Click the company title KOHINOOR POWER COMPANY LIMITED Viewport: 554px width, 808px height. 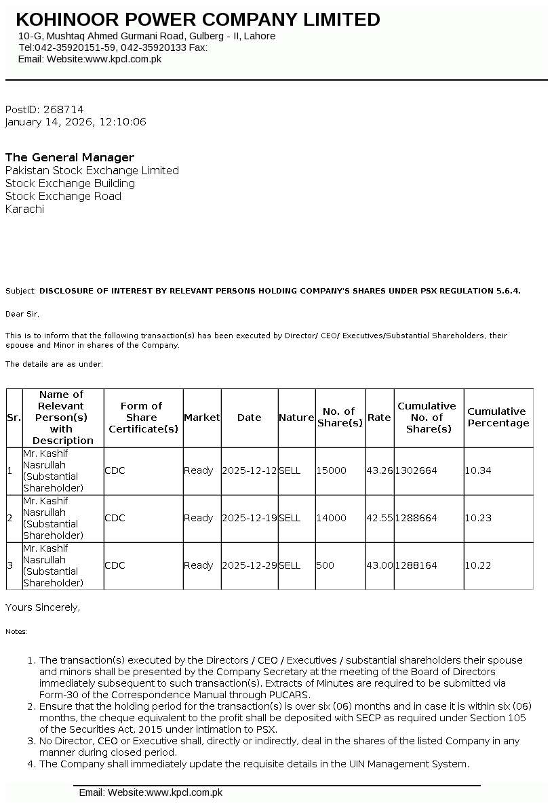[198, 20]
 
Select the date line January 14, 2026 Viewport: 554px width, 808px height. [75, 122]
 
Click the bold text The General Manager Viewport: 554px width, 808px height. [70, 157]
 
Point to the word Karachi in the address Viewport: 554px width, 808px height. [24, 209]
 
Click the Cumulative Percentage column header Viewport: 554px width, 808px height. [498, 417]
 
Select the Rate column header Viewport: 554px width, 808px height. [379, 418]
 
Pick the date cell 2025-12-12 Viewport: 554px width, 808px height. [249, 470]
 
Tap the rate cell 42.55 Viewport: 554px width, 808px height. [379, 518]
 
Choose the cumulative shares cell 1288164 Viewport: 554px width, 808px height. [416, 565]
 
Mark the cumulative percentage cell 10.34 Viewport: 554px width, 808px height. [478, 470]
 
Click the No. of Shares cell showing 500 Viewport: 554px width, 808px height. [325, 565]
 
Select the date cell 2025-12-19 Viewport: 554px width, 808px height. [249, 518]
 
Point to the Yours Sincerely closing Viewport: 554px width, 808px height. [43, 607]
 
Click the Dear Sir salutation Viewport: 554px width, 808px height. [22, 314]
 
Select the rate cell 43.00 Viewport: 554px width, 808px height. [379, 565]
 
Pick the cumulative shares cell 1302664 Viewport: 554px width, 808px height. [416, 470]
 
